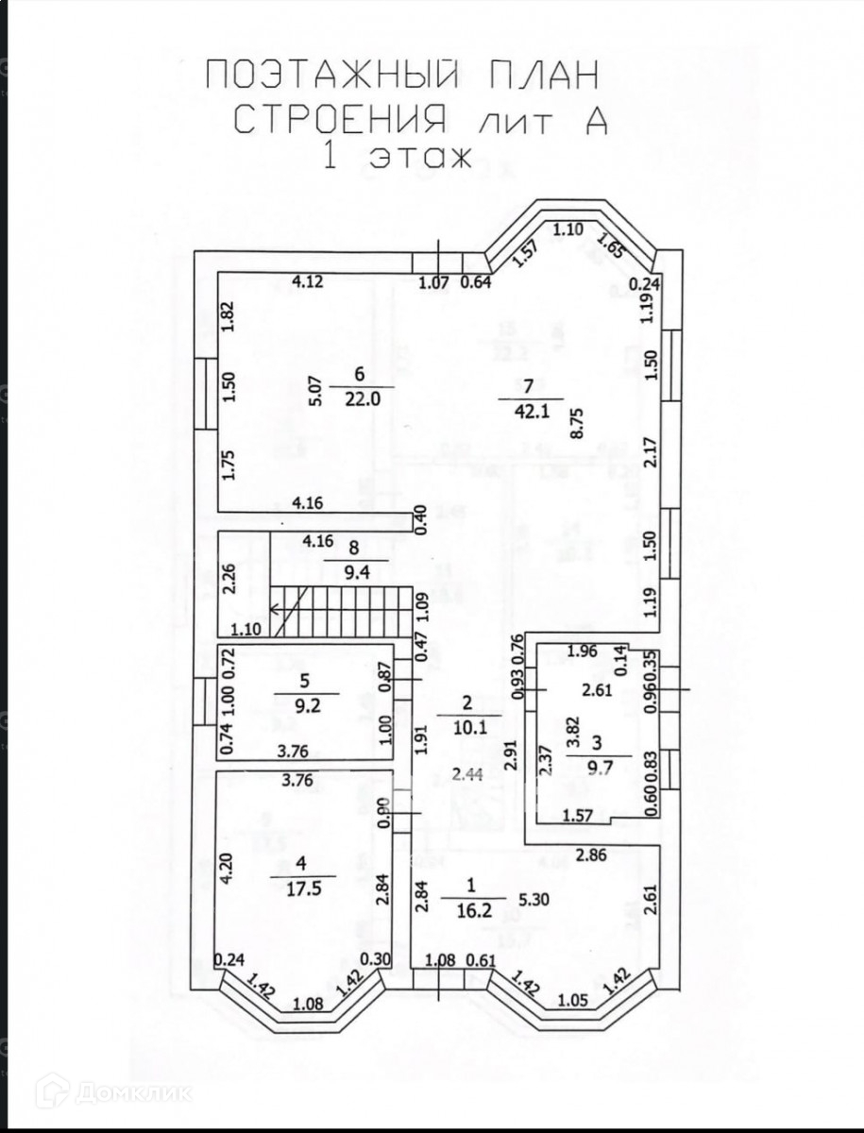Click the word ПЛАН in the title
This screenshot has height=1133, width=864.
coord(526,75)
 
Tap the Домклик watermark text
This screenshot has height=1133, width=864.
coord(131,1093)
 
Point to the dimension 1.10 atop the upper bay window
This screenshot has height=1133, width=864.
coord(568,228)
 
